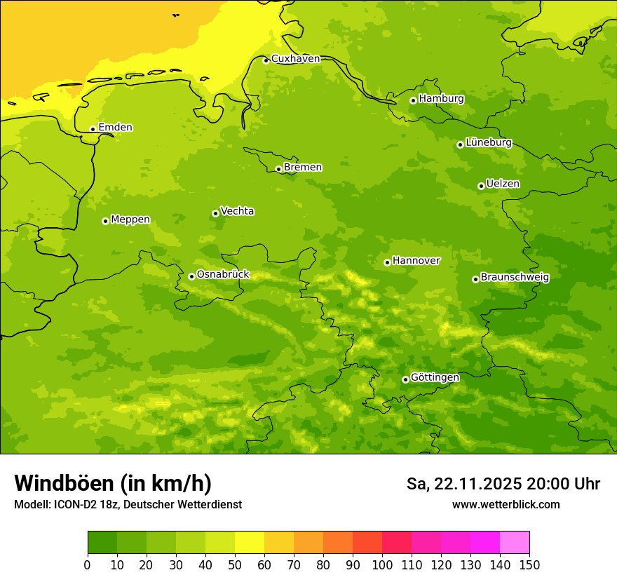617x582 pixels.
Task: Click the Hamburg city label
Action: pyautogui.click(x=441, y=99)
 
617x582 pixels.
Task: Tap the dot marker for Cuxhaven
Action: pyautogui.click(x=266, y=60)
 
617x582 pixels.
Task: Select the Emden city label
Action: pyautogui.click(x=115, y=128)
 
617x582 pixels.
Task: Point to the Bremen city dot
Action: pyautogui.click(x=278, y=169)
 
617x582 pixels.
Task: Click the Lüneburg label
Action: pyautogui.click(x=488, y=142)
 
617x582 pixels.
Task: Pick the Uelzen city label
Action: pyautogui.click(x=503, y=184)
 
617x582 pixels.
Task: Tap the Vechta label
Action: pyautogui.click(x=237, y=211)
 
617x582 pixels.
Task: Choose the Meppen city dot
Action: pyautogui.click(x=105, y=221)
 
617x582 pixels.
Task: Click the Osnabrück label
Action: pyautogui.click(x=223, y=274)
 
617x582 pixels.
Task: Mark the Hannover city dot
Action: pyautogui.click(x=387, y=262)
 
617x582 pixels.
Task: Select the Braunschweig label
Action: pyautogui.click(x=515, y=277)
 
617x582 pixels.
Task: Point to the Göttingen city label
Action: pyautogui.click(x=435, y=377)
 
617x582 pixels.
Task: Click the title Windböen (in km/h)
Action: pyautogui.click(x=113, y=483)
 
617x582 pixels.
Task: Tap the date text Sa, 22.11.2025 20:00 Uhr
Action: pyautogui.click(x=503, y=484)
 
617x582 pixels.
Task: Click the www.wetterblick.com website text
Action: pyautogui.click(x=506, y=505)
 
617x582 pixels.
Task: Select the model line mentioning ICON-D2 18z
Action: pyautogui.click(x=128, y=505)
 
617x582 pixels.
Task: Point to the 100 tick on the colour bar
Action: pyautogui.click(x=382, y=564)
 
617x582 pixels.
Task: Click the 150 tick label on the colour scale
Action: pyautogui.click(x=529, y=564)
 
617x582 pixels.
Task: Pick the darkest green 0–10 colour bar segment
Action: pyautogui.click(x=102, y=543)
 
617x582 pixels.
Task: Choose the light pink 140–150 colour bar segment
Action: pyautogui.click(x=515, y=543)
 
